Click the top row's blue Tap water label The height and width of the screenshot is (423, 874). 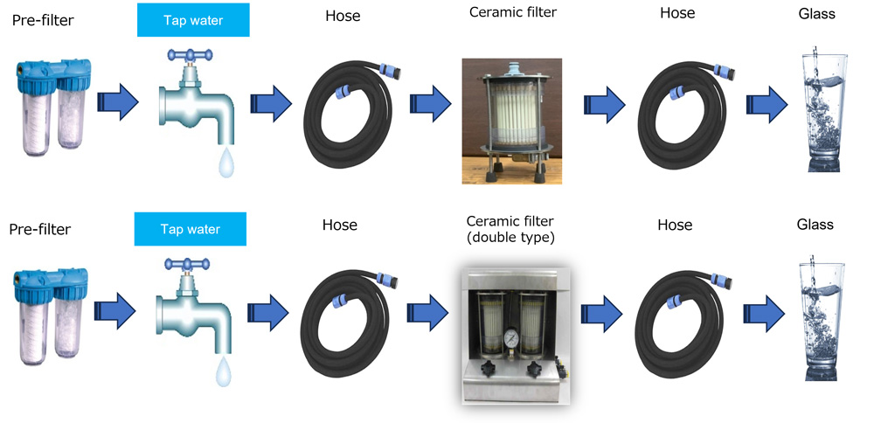tap(193, 20)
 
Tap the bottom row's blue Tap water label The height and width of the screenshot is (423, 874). tap(191, 230)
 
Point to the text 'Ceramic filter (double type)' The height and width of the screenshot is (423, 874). tap(511, 228)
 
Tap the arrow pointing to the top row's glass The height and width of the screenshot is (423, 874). tap(766, 105)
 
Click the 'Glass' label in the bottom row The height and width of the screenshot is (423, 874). tap(815, 225)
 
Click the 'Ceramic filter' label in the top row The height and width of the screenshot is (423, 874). tap(512, 12)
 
